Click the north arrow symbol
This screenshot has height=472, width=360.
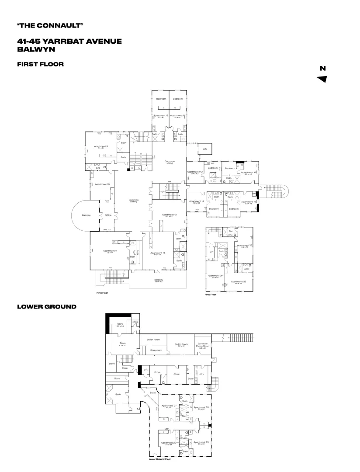[x=322, y=79]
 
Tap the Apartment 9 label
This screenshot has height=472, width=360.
[x=101, y=146]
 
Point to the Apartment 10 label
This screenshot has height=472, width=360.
[x=102, y=184]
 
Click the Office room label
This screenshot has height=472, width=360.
[x=108, y=215]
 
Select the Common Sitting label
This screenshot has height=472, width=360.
[x=134, y=201]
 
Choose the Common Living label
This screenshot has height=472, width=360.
[x=170, y=162]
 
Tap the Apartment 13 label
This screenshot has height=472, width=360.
[x=169, y=215]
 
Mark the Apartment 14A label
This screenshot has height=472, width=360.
[x=195, y=172]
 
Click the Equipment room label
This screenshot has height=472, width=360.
[x=156, y=350]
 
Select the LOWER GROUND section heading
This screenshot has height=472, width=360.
[x=47, y=307]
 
